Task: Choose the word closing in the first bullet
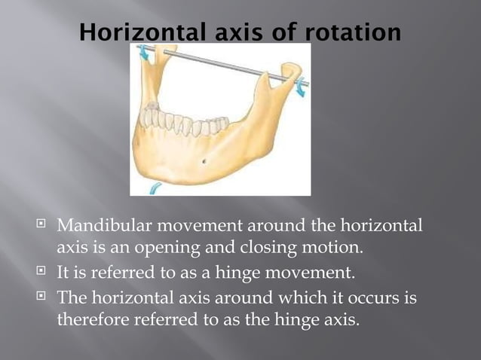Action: coord(279,247)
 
